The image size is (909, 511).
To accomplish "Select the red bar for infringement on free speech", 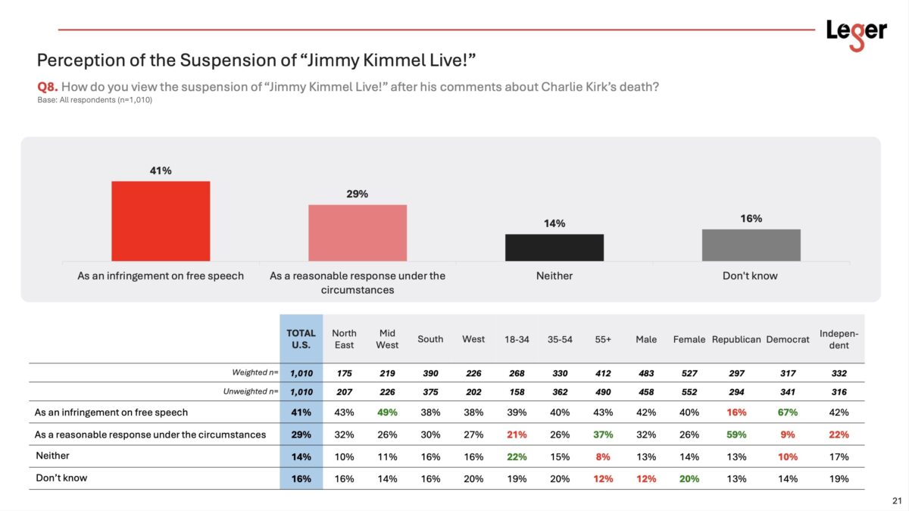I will pyautogui.click(x=161, y=221).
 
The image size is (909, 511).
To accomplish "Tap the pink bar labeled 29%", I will pyautogui.click(x=357, y=232).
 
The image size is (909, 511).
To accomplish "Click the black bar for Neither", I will pyautogui.click(x=554, y=248).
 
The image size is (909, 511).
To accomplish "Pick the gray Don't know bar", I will pyautogui.click(x=751, y=245).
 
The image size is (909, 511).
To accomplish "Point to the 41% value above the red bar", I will pyautogui.click(x=161, y=170).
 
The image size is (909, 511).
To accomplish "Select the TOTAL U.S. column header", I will pyautogui.click(x=301, y=339).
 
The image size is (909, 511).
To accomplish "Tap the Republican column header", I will pyautogui.click(x=736, y=339).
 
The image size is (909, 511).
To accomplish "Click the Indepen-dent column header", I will pyautogui.click(x=839, y=339).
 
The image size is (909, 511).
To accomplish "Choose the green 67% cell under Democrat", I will pyautogui.click(x=788, y=413).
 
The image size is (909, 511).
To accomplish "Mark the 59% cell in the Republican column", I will pyautogui.click(x=736, y=435).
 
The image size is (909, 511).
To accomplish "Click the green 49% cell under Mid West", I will pyautogui.click(x=387, y=413).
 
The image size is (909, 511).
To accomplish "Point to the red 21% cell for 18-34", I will pyautogui.click(x=517, y=435).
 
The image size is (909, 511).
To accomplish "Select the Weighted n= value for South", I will pyautogui.click(x=430, y=373).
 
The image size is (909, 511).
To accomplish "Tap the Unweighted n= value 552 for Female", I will pyautogui.click(x=689, y=392).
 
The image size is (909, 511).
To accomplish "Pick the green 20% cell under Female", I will pyautogui.click(x=689, y=478).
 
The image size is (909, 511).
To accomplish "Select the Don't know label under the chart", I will pyautogui.click(x=750, y=276).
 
